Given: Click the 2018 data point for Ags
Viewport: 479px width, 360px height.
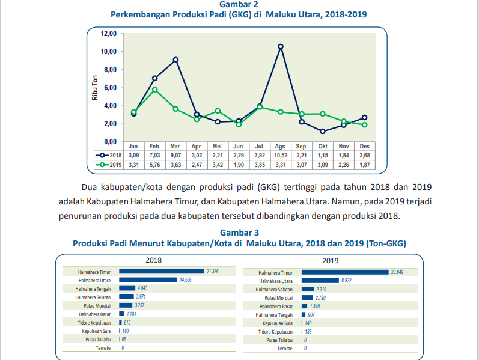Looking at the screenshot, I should (x=281, y=46).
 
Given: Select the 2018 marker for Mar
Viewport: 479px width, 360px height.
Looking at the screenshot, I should (x=175, y=59).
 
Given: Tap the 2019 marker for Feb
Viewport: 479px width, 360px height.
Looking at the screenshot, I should (x=154, y=90).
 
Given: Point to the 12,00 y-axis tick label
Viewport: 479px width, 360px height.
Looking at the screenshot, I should (x=108, y=34).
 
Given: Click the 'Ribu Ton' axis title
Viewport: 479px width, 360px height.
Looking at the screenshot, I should (x=95, y=88).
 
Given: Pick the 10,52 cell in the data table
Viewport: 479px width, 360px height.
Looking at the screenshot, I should (x=281, y=155).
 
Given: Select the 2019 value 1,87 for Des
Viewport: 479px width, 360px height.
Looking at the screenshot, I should (x=364, y=165).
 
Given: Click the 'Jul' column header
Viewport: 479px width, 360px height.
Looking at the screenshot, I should (x=259, y=146).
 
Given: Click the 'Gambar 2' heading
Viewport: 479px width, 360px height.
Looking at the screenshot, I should (x=239, y=4).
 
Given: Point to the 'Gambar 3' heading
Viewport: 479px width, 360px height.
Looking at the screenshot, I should (x=239, y=233).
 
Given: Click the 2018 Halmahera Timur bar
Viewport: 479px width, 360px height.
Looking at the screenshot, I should (x=162, y=272).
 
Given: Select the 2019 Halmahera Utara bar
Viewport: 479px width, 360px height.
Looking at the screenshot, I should (x=320, y=281).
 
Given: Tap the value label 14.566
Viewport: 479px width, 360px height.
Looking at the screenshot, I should (x=186, y=280).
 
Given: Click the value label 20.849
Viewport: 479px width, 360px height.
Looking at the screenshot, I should (x=397, y=272).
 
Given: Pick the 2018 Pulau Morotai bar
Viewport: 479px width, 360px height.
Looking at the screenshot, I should (x=126, y=305).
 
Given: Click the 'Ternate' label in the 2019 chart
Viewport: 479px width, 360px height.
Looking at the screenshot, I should (x=285, y=349).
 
